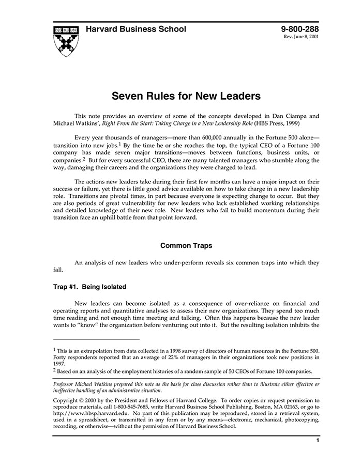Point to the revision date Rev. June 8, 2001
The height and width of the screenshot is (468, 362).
point(301,38)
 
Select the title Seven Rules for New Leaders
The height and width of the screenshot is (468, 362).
point(186,96)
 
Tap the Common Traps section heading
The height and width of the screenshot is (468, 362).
point(186,245)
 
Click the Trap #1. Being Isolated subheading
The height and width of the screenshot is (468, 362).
point(90,287)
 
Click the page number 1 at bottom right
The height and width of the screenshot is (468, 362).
point(318,441)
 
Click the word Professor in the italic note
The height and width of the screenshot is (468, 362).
point(67,384)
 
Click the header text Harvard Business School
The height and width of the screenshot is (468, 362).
point(135,29)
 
